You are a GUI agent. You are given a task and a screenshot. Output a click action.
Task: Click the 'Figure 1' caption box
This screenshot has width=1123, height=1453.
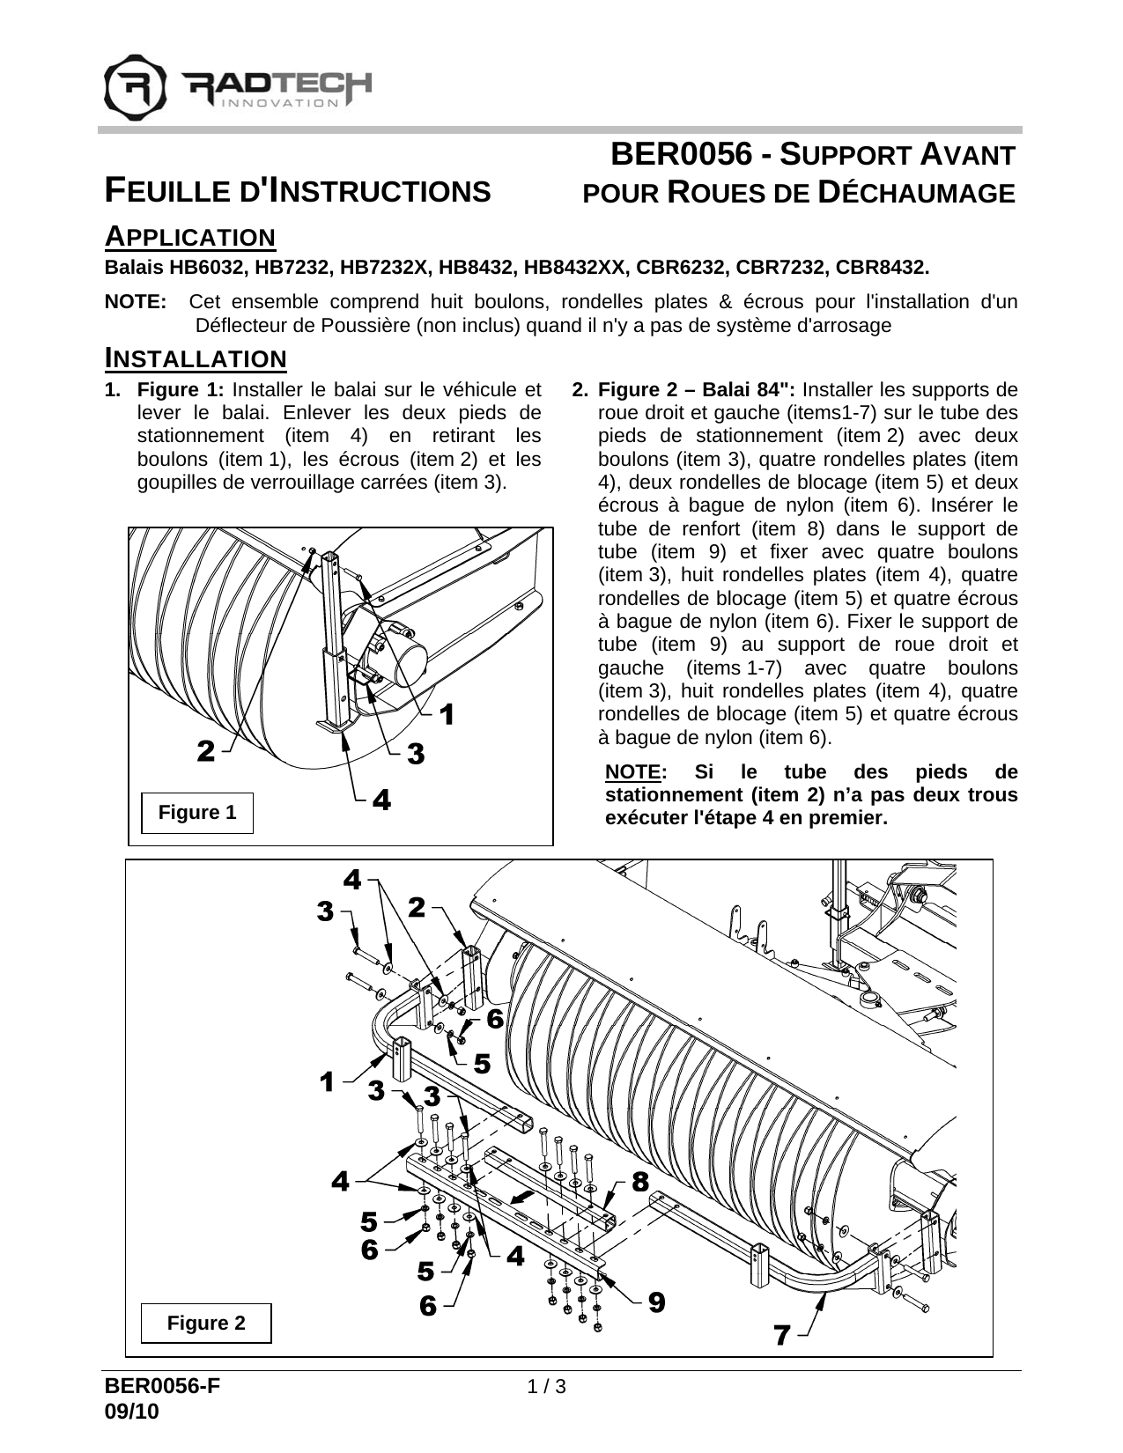pyautogui.click(x=197, y=813)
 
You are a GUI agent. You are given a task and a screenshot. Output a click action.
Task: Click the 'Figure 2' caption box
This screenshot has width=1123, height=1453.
pyautogui.click(x=207, y=1324)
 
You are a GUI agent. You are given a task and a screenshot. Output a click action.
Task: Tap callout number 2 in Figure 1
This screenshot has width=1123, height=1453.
pyautogui.click(x=205, y=751)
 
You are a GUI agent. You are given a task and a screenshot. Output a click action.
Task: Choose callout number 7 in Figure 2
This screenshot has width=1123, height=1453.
pyautogui.click(x=781, y=1335)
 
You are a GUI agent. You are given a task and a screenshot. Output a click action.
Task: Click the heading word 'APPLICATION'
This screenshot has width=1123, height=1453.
pyautogui.click(x=190, y=237)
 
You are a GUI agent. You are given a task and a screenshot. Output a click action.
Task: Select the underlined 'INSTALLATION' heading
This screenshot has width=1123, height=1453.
pyautogui.click(x=196, y=358)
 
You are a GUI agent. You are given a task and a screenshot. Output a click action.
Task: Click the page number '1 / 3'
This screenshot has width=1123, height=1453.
pyautogui.click(x=546, y=1387)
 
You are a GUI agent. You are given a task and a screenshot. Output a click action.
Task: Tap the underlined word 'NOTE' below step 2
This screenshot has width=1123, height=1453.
pyautogui.click(x=633, y=772)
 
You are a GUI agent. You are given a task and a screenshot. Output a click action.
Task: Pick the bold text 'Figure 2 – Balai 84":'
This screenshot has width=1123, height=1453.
pyautogui.click(x=697, y=389)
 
